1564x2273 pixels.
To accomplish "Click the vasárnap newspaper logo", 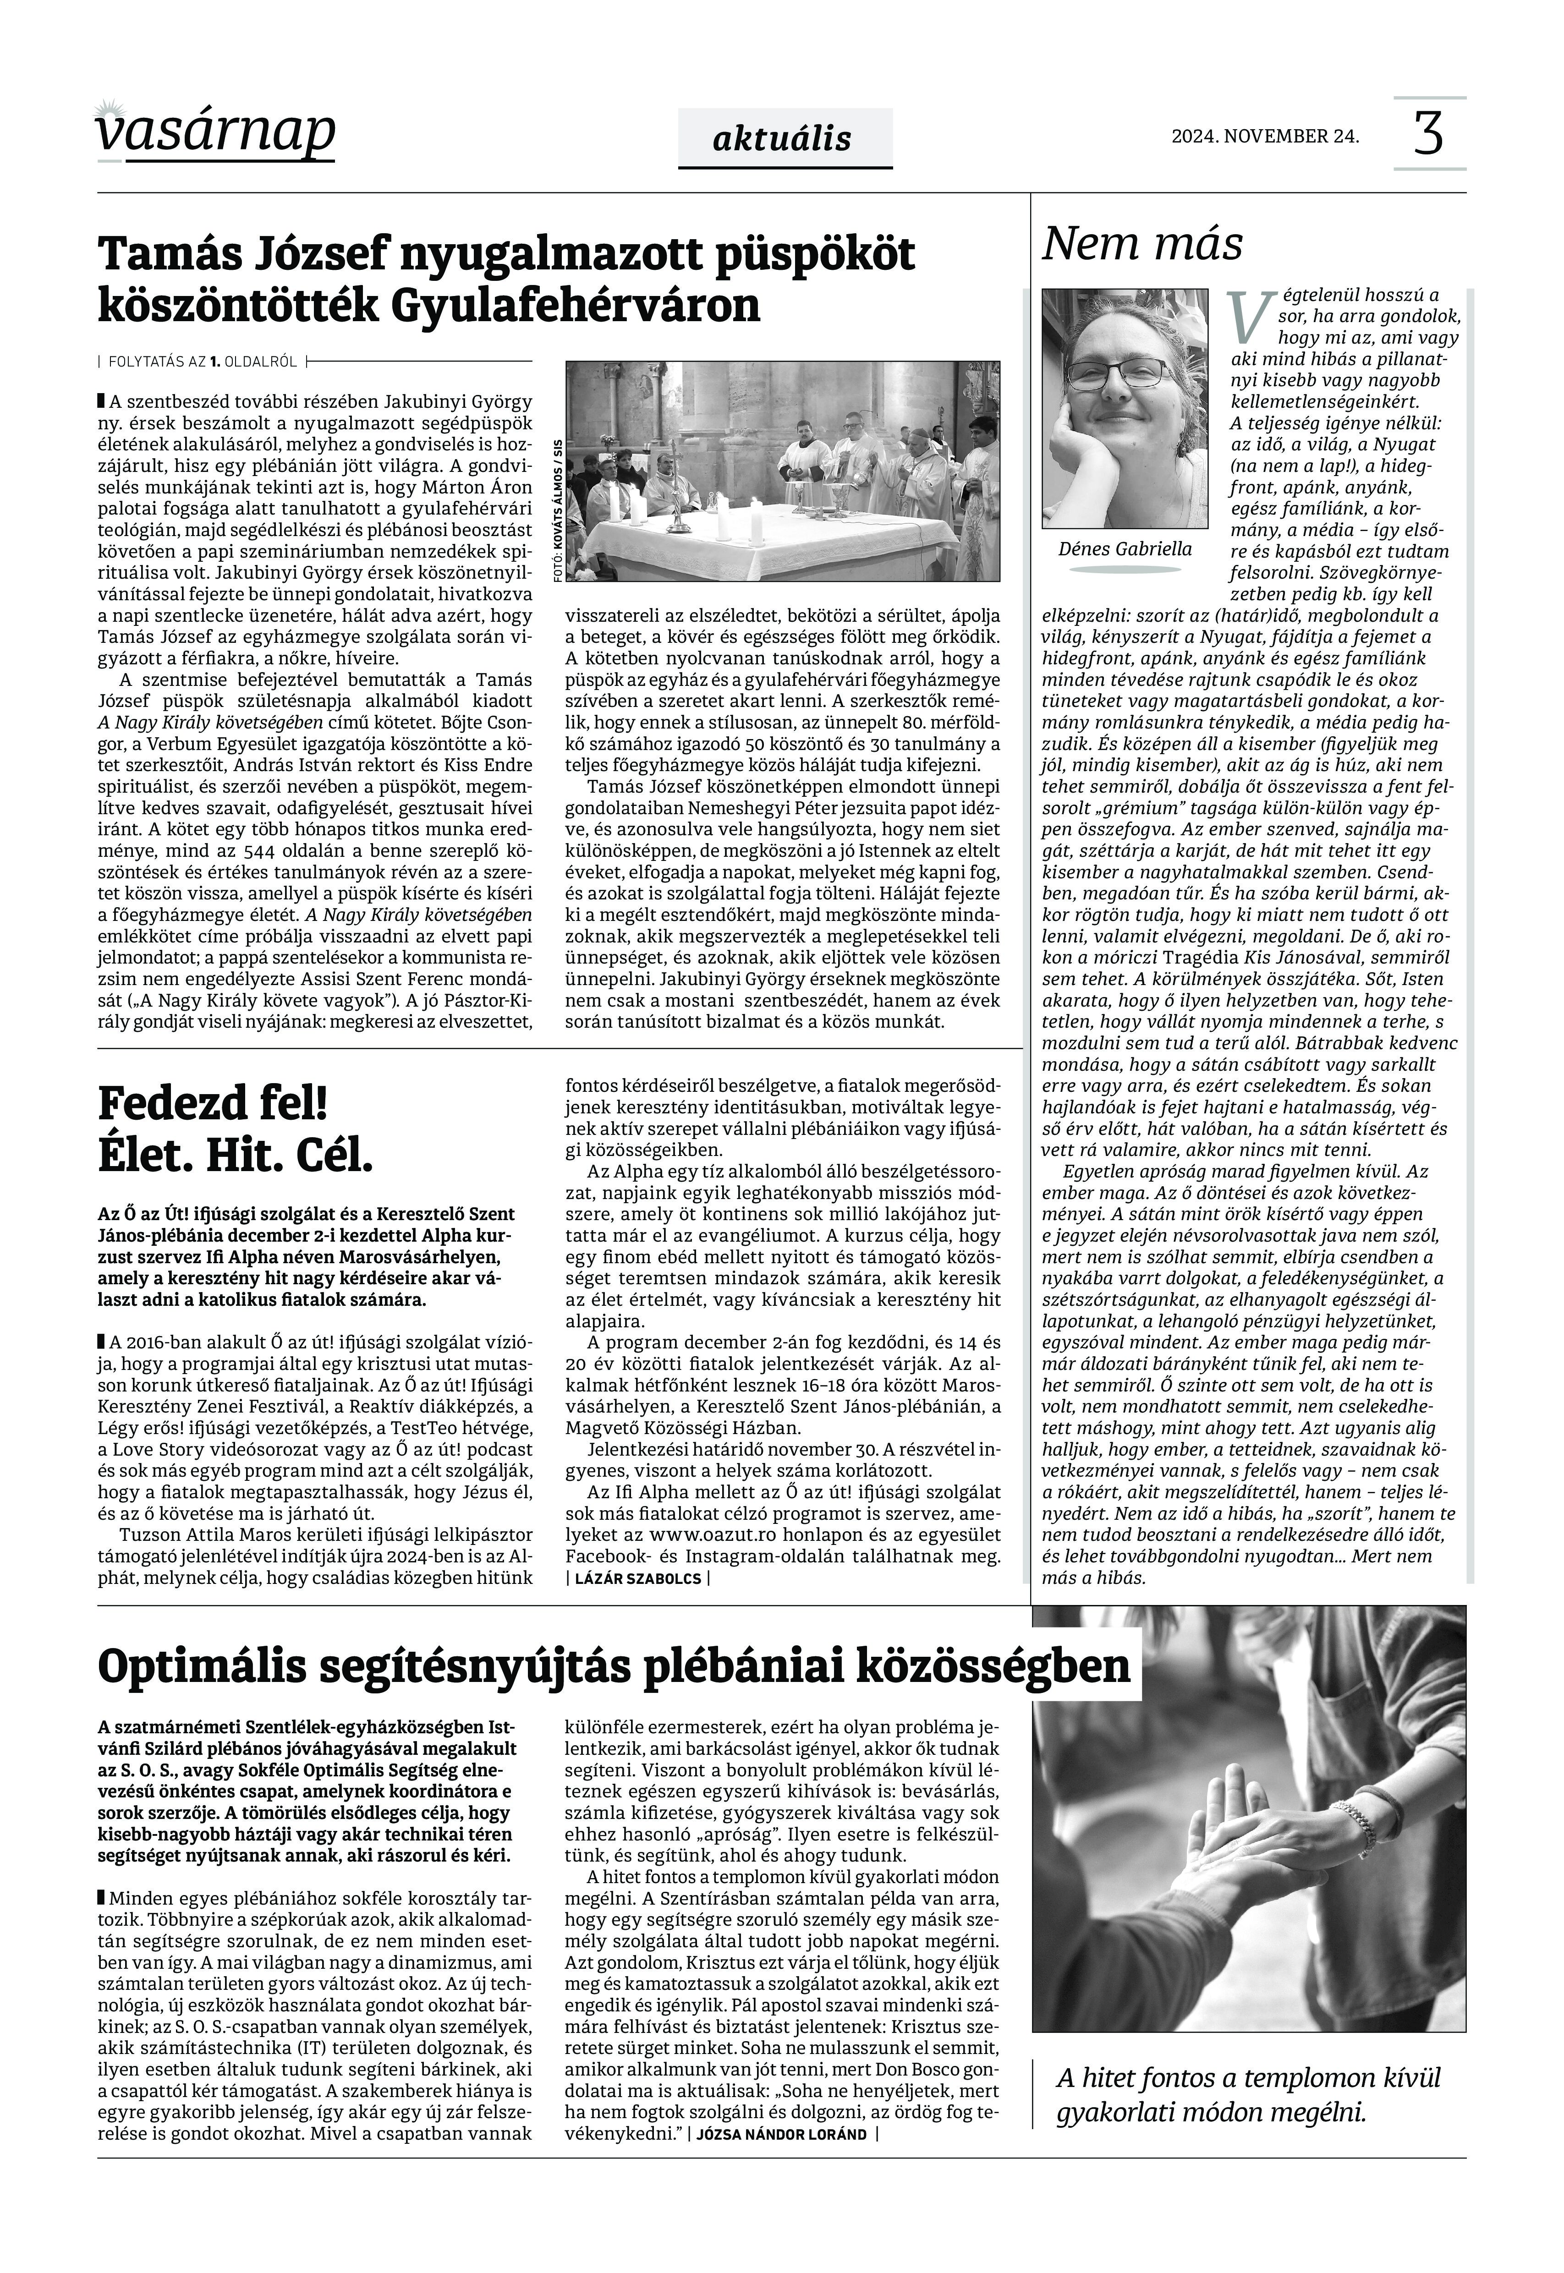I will (215, 132).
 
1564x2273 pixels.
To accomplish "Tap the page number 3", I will (1429, 134).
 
